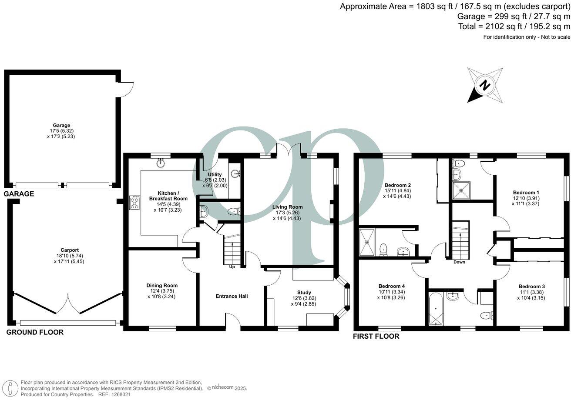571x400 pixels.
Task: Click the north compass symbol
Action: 485,85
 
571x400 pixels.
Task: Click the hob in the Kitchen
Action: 135,203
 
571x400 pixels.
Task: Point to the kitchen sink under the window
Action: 161,163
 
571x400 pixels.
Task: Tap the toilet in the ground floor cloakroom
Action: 234,212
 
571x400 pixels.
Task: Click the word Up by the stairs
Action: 232,267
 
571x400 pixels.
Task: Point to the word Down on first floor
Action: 459,262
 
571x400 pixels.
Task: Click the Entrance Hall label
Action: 232,296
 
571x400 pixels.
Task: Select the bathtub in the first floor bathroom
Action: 436,308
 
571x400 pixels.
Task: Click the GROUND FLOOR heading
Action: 35,332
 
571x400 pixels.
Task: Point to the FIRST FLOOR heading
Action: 376,336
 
